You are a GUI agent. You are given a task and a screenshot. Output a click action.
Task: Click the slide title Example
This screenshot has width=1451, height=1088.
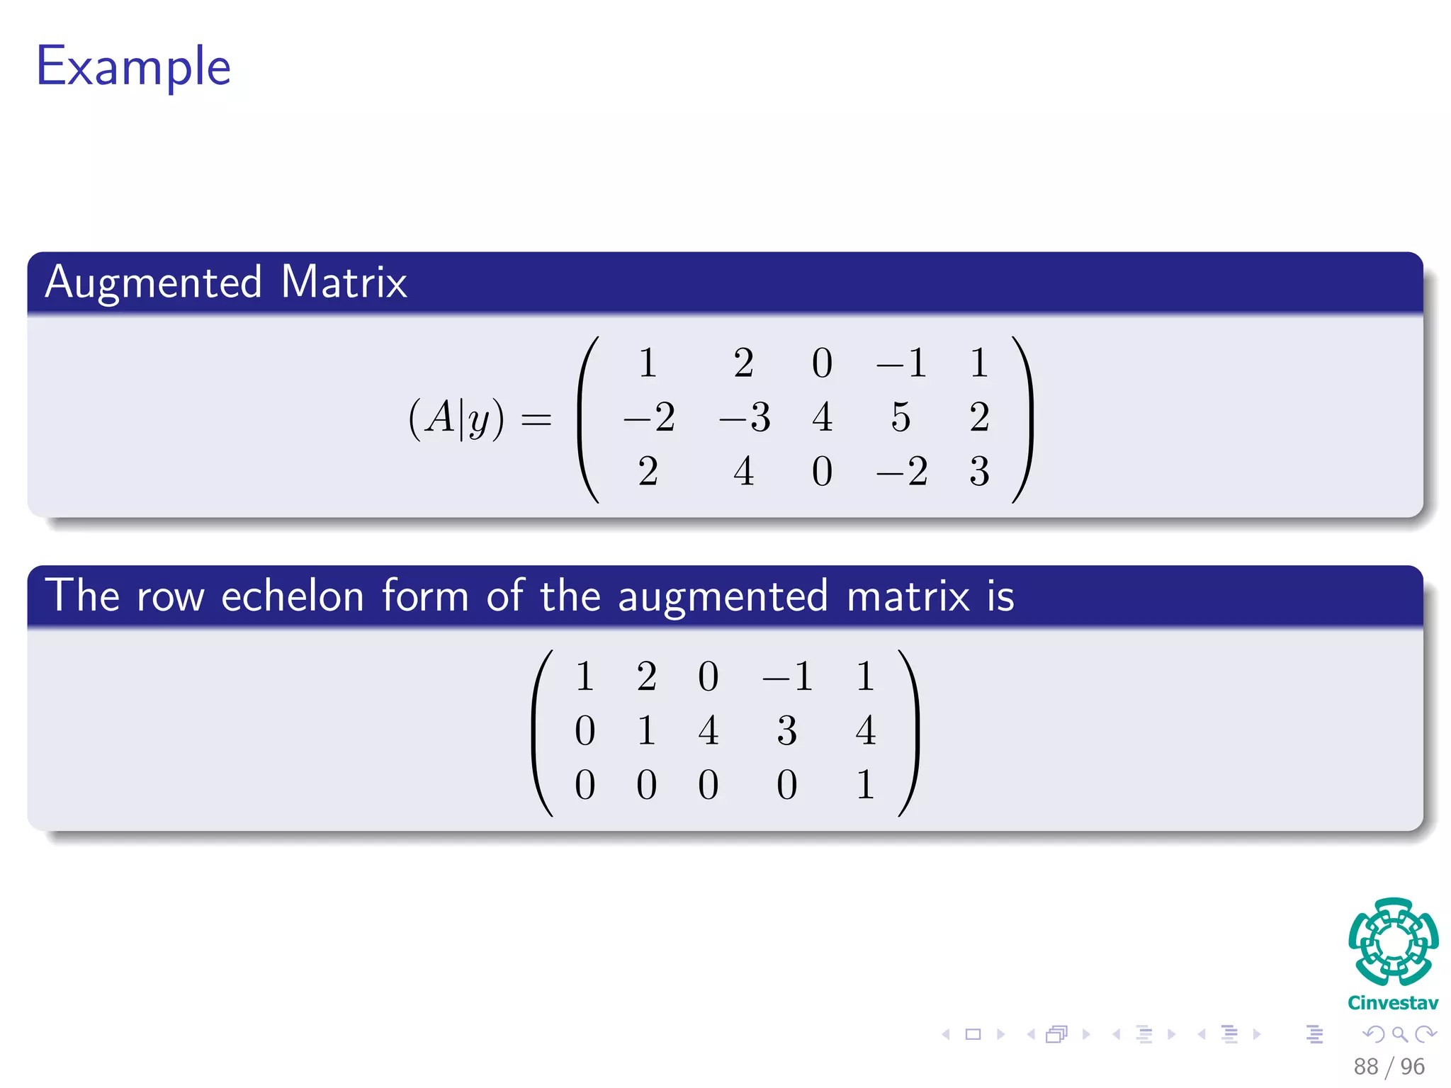pyautogui.click(x=133, y=67)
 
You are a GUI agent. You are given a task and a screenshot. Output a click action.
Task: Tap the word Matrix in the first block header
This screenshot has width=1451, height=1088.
pyautogui.click(x=344, y=283)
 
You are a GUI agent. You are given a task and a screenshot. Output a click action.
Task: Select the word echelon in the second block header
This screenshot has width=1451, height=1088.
pyautogui.click(x=293, y=596)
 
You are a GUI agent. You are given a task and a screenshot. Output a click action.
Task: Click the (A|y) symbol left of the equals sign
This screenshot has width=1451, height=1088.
pyautogui.click(x=456, y=418)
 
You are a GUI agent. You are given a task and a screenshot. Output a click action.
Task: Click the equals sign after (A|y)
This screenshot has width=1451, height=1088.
pyautogui.click(x=536, y=419)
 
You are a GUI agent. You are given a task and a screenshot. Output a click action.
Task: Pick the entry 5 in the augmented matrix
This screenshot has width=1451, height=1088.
pyautogui.click(x=900, y=416)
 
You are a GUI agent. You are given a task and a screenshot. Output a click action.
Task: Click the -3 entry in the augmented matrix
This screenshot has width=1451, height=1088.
pyautogui.click(x=744, y=416)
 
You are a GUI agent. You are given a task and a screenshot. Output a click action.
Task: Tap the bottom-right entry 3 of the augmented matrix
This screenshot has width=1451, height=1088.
pyautogui.click(x=979, y=471)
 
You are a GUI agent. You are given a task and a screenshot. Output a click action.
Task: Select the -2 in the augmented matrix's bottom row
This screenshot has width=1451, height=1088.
pyautogui.click(x=901, y=471)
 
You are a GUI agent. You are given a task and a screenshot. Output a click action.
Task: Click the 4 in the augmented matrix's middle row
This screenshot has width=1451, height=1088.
pyautogui.click(x=822, y=416)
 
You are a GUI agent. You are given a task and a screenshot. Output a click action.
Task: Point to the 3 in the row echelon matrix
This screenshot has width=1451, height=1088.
pyautogui.click(x=786, y=730)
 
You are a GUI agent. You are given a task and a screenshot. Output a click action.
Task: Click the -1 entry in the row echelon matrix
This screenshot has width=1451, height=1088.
pyautogui.click(x=786, y=676)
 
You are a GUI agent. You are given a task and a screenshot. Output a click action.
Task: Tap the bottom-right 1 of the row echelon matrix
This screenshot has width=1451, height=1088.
pyautogui.click(x=864, y=785)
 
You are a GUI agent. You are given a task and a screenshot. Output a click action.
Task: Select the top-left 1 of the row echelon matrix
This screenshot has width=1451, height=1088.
pyautogui.click(x=585, y=676)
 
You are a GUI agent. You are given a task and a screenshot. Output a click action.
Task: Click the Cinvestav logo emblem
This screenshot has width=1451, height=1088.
pyautogui.click(x=1393, y=942)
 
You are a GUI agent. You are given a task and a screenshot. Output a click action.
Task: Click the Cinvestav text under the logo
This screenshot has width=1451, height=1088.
pyautogui.click(x=1393, y=1003)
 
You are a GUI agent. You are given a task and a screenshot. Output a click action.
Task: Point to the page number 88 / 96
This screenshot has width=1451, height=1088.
pyautogui.click(x=1389, y=1066)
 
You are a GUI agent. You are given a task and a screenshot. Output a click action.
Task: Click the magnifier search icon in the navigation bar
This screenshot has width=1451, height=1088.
pyautogui.click(x=1399, y=1034)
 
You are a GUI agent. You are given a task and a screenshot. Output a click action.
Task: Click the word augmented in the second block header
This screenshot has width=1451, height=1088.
pyautogui.click(x=723, y=596)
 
